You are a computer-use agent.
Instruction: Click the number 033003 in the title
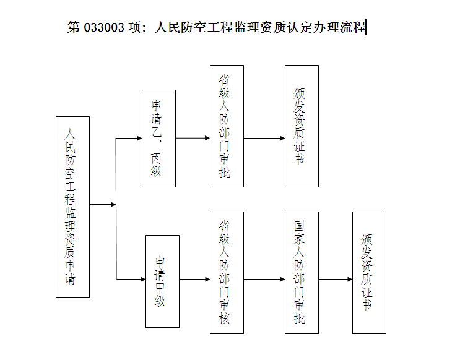pyautogui.click(x=104, y=27)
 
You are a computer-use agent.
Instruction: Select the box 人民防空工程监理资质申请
pyautogui.click(x=73, y=207)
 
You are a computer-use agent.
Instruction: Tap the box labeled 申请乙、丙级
pyautogui.click(x=158, y=139)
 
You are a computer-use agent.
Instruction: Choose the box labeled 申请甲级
pyautogui.click(x=163, y=281)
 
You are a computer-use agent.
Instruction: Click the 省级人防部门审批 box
pyautogui.click(x=227, y=126)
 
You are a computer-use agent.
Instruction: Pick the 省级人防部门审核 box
pyautogui.click(x=227, y=273)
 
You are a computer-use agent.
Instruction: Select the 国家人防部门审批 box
pyautogui.click(x=302, y=273)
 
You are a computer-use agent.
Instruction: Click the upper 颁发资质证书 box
pyautogui.click(x=302, y=126)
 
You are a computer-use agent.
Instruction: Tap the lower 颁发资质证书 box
pyautogui.click(x=369, y=273)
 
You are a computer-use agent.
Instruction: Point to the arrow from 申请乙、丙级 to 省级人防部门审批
pyautogui.click(x=193, y=138)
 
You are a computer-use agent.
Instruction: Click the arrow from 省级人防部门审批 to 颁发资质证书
pyautogui.click(x=264, y=138)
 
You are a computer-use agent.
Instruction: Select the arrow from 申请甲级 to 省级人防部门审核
pyautogui.click(x=195, y=280)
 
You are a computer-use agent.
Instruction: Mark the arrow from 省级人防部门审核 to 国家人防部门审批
pyautogui.click(x=264, y=280)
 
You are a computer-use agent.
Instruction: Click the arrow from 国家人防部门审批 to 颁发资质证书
pyautogui.click(x=336, y=280)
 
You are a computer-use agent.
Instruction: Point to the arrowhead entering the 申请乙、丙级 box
pyautogui.click(x=140, y=138)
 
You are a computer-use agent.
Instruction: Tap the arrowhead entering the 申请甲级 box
pyautogui.click(x=143, y=280)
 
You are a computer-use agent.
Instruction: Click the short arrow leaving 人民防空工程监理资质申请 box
pyautogui.click(x=103, y=204)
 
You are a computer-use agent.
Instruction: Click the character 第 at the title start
pyautogui.click(x=74, y=27)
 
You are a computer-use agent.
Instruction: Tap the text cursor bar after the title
pyautogui.click(x=366, y=27)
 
